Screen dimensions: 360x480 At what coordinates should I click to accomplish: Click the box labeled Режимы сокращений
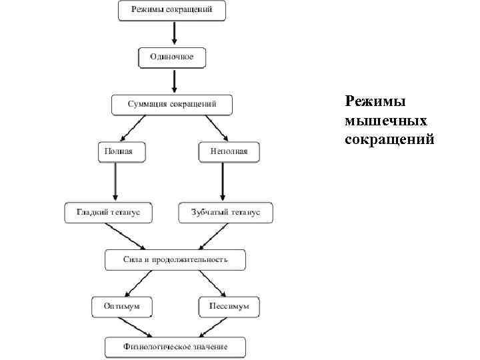(172, 11)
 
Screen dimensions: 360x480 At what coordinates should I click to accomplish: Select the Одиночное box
(172, 57)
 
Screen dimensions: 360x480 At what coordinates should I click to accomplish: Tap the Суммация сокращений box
(172, 105)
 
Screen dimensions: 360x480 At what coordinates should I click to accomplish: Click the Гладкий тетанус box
(108, 212)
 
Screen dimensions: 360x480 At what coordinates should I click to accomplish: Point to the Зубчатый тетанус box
(225, 212)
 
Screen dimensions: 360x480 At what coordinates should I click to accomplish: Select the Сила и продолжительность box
(175, 259)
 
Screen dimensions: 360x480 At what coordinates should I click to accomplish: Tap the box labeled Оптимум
(121, 306)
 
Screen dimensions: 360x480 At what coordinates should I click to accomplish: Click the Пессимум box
(229, 306)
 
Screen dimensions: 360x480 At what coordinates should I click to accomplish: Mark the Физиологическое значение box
(175, 347)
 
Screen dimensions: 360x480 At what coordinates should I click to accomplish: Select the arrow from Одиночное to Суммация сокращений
(173, 81)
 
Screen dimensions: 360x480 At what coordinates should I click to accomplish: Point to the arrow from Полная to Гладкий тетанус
(116, 181)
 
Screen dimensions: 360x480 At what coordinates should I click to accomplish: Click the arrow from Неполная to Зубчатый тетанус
(223, 181)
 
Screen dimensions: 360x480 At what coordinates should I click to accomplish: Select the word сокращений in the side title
(390, 139)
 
